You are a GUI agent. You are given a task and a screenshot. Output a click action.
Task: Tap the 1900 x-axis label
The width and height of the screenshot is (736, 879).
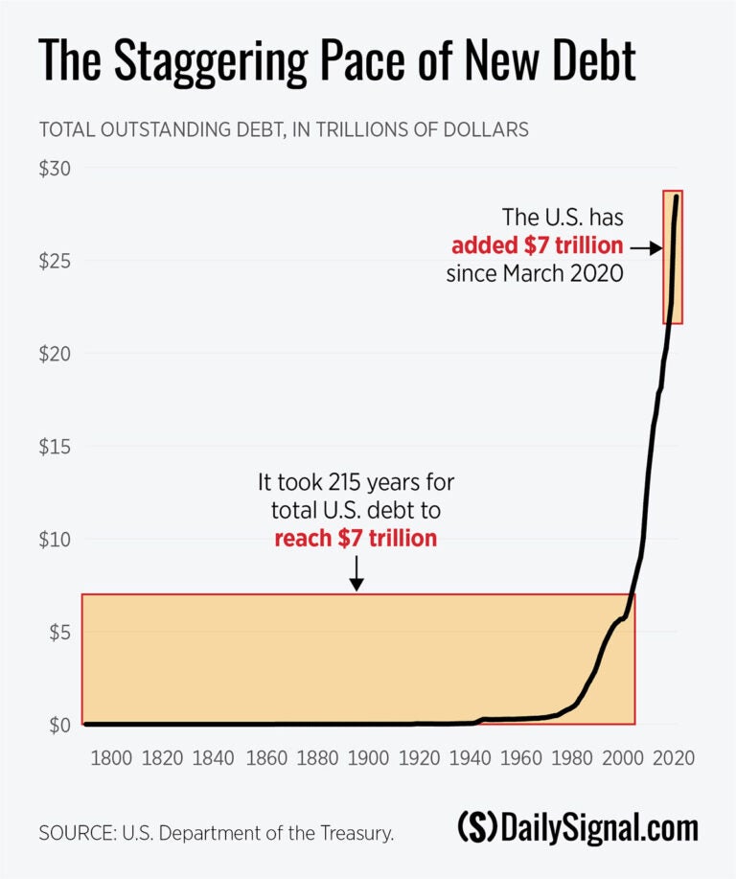tap(367, 757)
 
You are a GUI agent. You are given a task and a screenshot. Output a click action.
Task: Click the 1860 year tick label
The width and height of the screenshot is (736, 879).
tap(264, 757)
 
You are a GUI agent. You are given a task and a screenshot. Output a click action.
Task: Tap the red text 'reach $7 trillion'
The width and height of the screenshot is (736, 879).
tap(356, 538)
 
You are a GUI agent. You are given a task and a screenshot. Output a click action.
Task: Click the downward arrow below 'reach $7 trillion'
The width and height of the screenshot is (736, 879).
tap(356, 574)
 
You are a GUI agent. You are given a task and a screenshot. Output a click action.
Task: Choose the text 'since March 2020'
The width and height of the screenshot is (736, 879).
tap(535, 274)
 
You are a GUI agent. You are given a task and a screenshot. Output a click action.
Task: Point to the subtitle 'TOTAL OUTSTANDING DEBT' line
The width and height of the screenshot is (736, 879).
tap(283, 129)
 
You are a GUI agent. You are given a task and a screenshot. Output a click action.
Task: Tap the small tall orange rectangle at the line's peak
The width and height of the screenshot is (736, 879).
tap(673, 257)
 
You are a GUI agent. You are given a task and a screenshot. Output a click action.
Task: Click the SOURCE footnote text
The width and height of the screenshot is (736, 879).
tap(217, 833)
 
